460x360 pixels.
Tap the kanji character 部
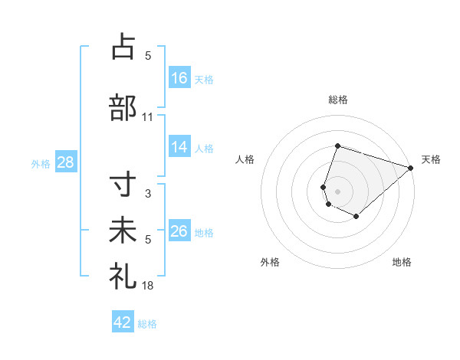pyautogui.click(x=123, y=107)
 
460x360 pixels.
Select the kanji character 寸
pyautogui.click(x=123, y=186)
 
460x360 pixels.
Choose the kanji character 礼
pyautogui.click(x=123, y=276)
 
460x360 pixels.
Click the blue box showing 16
pyautogui.click(x=179, y=78)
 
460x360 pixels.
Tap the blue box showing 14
pyautogui.click(x=179, y=148)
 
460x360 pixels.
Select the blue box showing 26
pyautogui.click(x=179, y=231)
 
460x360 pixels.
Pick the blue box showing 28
pyautogui.click(x=65, y=162)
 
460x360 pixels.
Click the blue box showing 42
pyautogui.click(x=123, y=322)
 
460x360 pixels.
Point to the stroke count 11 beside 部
pyautogui.click(x=148, y=117)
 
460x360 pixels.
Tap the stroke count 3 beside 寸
pyautogui.click(x=148, y=194)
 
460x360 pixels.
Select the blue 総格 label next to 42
pyautogui.click(x=147, y=324)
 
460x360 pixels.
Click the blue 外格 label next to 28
pyautogui.click(x=41, y=163)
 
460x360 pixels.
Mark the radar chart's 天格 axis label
pyautogui.click(x=431, y=159)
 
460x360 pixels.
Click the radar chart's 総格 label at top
pyautogui.click(x=338, y=100)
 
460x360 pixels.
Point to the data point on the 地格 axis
pyautogui.click(x=356, y=217)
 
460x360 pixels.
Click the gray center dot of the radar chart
pyautogui.click(x=338, y=191)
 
